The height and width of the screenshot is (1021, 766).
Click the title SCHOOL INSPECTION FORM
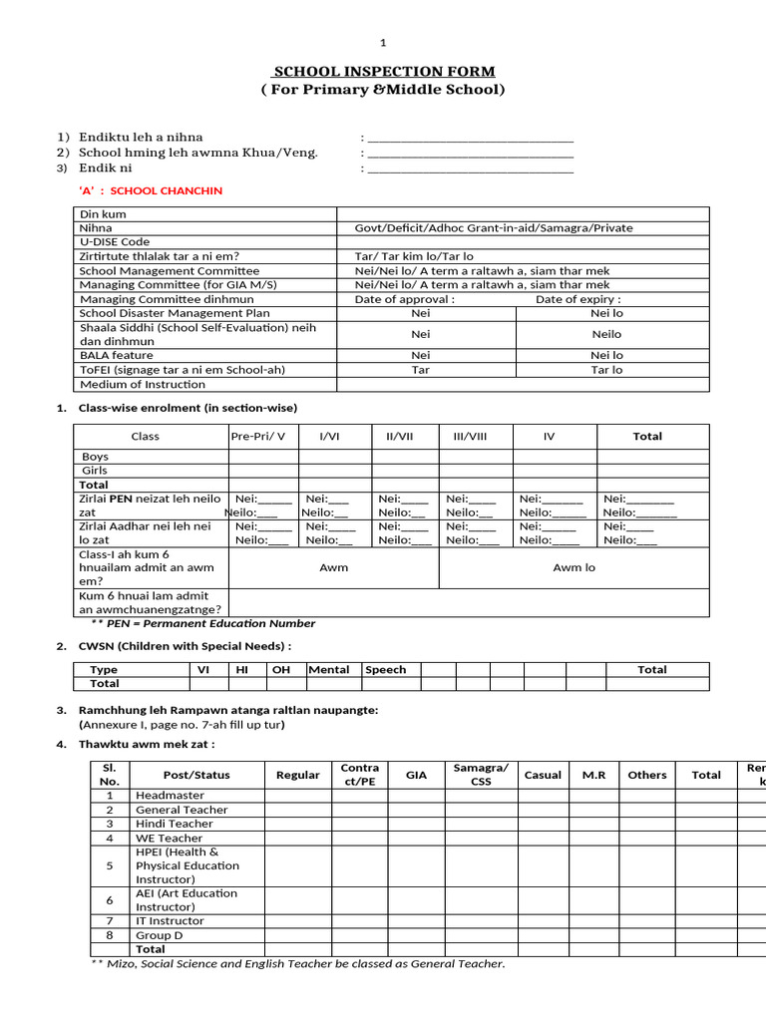coord(384,71)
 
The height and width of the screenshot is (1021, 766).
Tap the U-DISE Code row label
coord(115,242)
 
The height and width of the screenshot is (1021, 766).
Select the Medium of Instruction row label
coord(143,384)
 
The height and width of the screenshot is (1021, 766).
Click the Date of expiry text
coord(577,299)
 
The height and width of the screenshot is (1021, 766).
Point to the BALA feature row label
coord(117,355)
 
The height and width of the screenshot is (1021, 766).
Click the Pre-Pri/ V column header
coord(258,437)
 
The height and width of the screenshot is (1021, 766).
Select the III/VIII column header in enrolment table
coord(470,437)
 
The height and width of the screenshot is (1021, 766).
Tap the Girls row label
coord(96,471)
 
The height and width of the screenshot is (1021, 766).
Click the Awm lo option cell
coord(574,567)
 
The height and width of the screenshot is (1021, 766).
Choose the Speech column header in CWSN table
coord(386,670)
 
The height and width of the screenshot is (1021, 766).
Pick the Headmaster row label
coord(171,796)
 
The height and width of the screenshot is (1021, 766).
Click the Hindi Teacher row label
coord(175,824)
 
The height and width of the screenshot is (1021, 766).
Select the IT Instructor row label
coord(170,921)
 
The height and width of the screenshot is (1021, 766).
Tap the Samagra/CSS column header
coord(481,774)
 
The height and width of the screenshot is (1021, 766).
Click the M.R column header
coord(580,775)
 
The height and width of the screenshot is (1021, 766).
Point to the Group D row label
coord(160,935)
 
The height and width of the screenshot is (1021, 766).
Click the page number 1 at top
coord(384,43)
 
